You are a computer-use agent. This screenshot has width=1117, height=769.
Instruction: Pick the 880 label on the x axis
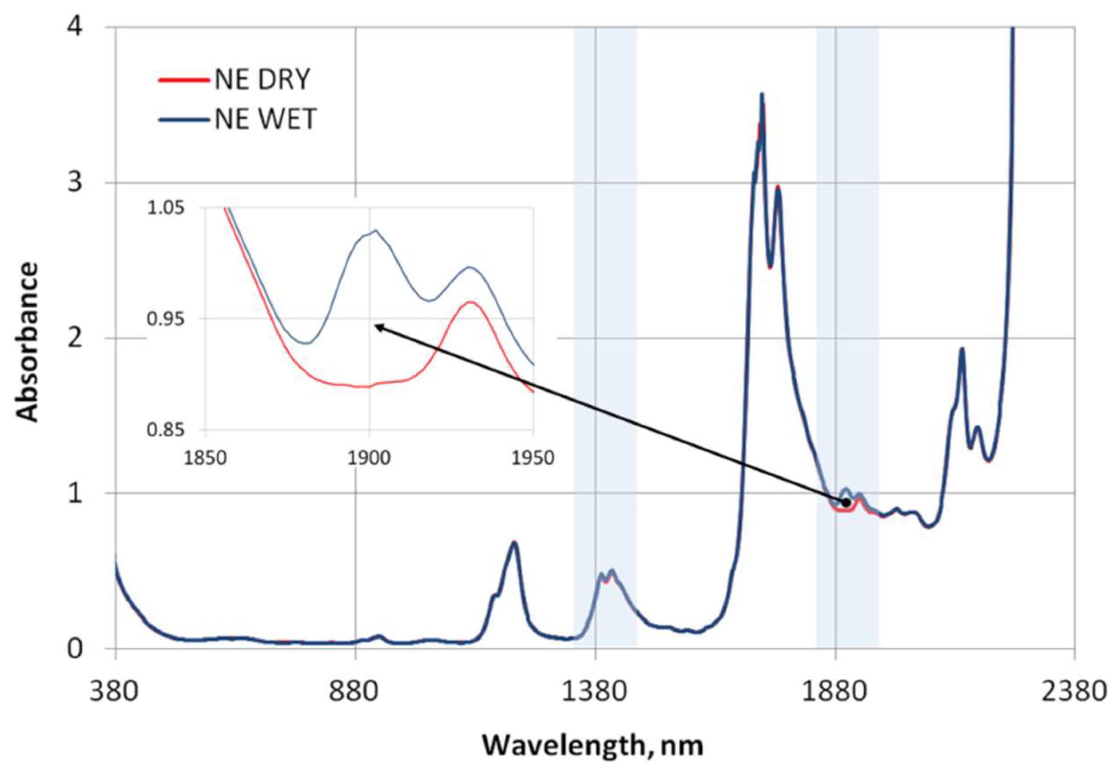point(355,692)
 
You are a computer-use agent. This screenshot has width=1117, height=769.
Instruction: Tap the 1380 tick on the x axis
point(596,692)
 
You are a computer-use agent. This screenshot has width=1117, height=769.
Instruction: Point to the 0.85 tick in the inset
point(166,430)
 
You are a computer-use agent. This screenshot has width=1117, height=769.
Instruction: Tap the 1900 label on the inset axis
point(370,457)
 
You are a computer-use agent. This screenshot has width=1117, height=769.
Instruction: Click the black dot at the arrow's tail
point(847,502)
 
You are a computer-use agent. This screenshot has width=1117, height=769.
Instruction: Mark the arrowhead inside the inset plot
point(376,325)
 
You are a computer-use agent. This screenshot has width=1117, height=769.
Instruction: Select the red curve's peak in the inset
point(471,302)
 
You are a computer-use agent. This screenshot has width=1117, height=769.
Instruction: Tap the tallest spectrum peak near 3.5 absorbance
point(762,95)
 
